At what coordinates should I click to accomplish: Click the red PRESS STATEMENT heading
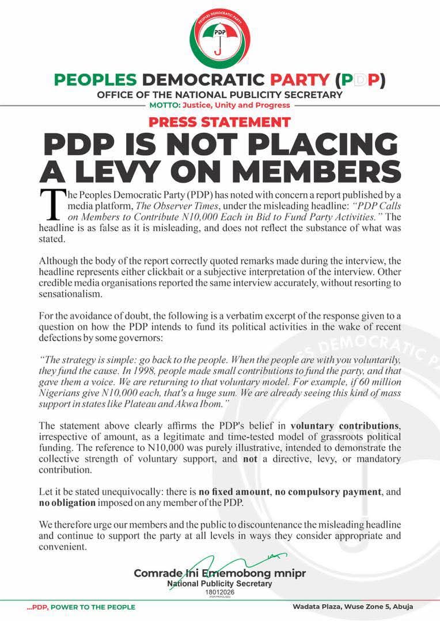(x=219, y=122)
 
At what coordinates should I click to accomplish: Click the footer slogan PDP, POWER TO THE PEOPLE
(x=81, y=607)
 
